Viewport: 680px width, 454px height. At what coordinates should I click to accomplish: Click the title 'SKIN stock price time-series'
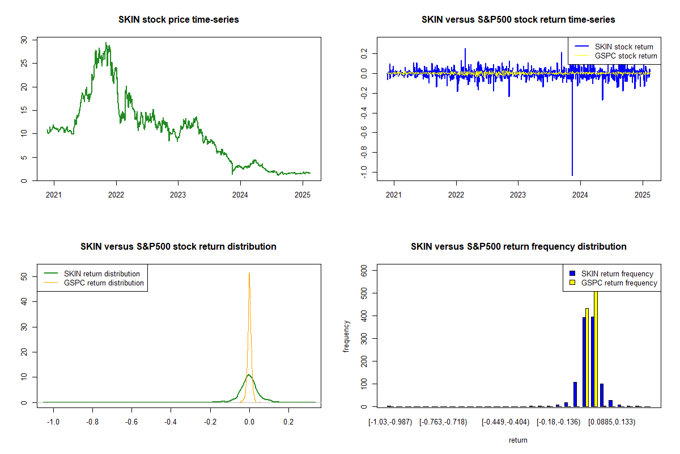pyautogui.click(x=178, y=20)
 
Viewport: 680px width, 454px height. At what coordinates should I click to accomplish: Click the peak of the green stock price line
pyautogui.click(x=105, y=43)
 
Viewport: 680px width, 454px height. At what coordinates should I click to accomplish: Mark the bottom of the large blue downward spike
pyautogui.click(x=572, y=175)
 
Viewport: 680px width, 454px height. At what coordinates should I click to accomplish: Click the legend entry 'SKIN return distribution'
pyautogui.click(x=102, y=274)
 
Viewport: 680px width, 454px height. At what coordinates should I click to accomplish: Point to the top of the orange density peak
pyautogui.click(x=249, y=273)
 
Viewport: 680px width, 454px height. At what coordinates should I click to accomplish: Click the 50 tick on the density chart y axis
pyautogui.click(x=23, y=276)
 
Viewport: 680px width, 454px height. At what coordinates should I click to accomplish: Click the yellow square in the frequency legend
pyautogui.click(x=573, y=283)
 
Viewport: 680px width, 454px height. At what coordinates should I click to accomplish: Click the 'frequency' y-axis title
pyautogui.click(x=346, y=337)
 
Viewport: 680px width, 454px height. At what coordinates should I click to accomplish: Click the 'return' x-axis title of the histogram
pyautogui.click(x=518, y=440)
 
